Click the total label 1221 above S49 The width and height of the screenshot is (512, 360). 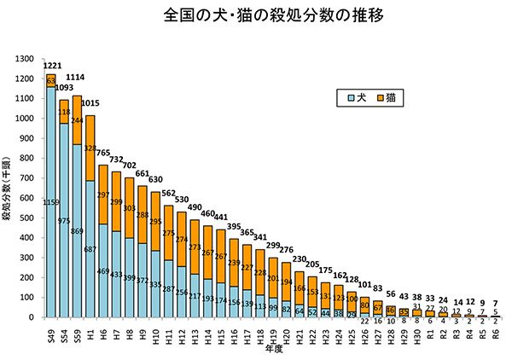(x=51, y=66)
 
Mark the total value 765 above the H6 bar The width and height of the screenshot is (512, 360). (x=103, y=154)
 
